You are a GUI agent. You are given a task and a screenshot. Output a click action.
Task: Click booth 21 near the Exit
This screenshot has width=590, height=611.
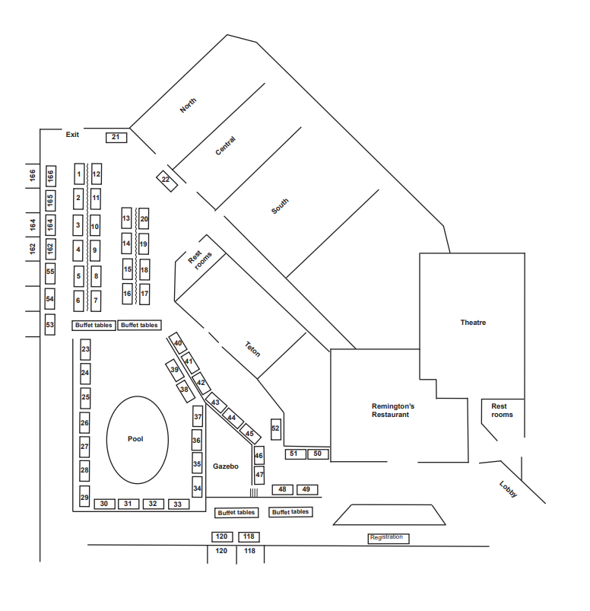(116, 138)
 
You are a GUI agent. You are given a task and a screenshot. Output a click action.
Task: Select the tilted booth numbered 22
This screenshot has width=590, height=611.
(166, 180)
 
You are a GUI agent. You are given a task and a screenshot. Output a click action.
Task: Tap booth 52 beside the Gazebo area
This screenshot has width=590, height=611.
(275, 428)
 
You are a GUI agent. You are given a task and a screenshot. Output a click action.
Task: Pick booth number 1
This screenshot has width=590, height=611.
(79, 174)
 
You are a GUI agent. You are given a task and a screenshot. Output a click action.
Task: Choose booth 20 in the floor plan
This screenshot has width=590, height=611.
(144, 219)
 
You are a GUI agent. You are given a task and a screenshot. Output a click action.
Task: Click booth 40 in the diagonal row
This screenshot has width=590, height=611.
(178, 343)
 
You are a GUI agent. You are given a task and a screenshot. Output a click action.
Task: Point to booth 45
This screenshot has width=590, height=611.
(250, 434)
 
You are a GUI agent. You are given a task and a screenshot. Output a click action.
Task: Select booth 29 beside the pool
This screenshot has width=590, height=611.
(85, 496)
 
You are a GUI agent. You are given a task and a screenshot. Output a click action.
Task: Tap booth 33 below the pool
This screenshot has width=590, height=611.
(178, 504)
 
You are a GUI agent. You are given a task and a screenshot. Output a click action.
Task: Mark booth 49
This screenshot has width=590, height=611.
(306, 489)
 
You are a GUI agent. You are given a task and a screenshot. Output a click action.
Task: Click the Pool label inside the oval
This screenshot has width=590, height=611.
(135, 439)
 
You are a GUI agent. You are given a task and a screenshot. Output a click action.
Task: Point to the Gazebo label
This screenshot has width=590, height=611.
(226, 466)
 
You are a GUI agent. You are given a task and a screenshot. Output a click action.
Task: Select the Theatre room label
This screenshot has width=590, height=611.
(473, 323)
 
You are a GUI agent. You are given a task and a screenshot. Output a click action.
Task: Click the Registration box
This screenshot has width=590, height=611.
(388, 538)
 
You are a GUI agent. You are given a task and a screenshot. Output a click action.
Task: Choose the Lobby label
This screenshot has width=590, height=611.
(508, 489)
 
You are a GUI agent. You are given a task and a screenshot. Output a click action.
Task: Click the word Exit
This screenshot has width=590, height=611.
(72, 135)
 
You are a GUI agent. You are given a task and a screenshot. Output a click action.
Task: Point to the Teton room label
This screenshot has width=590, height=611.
(252, 349)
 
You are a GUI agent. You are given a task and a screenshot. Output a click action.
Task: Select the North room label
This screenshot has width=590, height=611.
(188, 106)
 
